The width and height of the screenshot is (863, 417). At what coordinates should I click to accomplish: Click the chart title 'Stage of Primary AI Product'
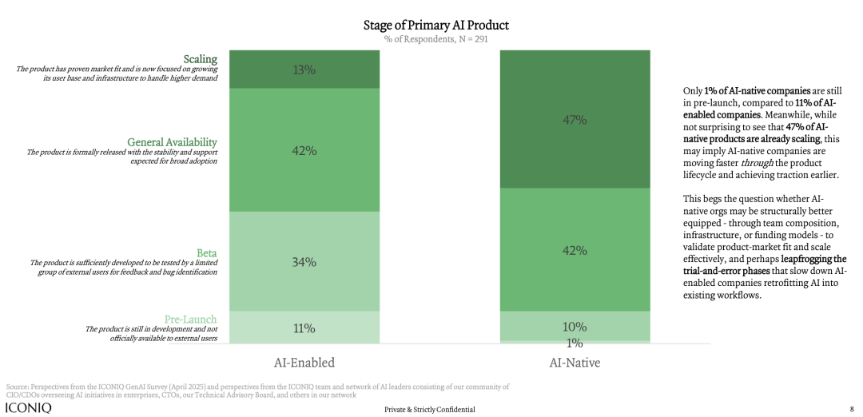pos(435,25)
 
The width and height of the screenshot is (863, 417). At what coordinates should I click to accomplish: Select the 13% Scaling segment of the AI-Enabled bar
pos(304,69)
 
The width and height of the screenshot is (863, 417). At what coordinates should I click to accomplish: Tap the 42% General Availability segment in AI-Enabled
pos(304,150)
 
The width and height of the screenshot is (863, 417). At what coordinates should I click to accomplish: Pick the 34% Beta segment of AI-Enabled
pos(304,261)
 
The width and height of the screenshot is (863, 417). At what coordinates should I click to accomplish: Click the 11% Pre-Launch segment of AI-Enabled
pos(304,328)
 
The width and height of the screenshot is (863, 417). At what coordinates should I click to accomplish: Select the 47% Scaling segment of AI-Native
pos(575,120)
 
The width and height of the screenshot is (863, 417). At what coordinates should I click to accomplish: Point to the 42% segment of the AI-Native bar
pos(575,250)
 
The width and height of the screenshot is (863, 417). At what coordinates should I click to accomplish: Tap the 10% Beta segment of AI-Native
pos(575,326)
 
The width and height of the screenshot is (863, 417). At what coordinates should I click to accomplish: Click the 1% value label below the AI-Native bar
pos(575,344)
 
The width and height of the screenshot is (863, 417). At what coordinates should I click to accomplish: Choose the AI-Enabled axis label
pos(304,362)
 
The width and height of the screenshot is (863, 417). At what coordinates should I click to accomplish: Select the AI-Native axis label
pos(575,362)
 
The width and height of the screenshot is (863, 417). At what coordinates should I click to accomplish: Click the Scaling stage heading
pos(200,58)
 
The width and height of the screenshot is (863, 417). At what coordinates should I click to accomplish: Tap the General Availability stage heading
pos(173,142)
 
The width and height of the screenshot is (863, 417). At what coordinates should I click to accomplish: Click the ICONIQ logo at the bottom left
pos(29,408)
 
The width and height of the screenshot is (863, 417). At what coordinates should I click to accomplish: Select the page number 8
pos(851,409)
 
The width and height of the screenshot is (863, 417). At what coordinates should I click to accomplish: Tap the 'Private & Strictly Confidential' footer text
pos(429,409)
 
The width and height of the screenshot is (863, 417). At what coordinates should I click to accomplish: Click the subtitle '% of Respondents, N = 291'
pos(435,39)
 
